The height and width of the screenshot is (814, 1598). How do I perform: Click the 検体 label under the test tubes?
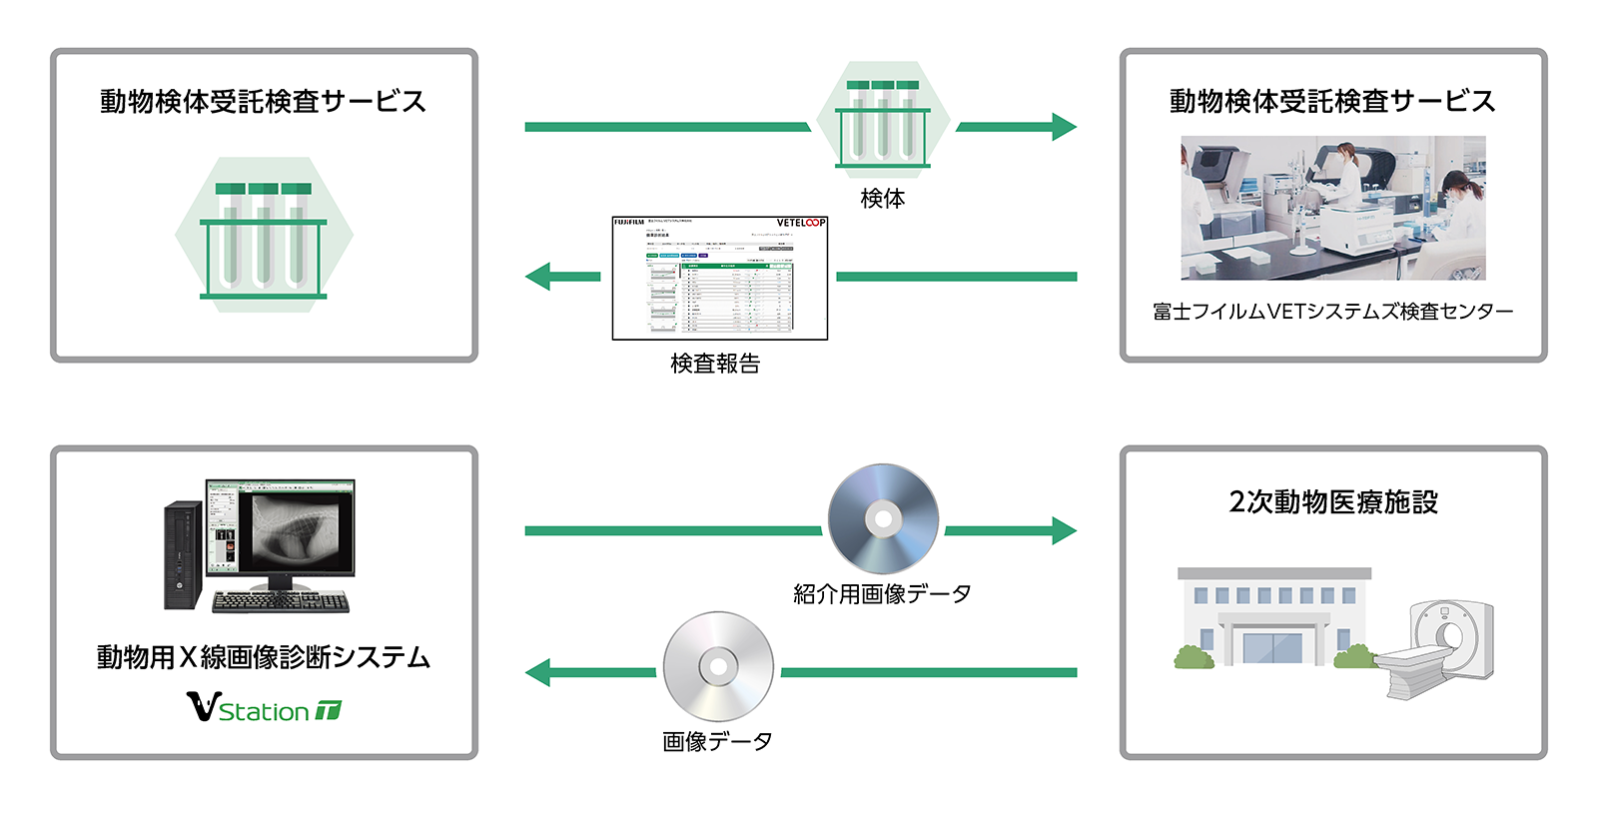point(883,199)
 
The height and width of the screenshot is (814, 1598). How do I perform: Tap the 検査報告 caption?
point(715,364)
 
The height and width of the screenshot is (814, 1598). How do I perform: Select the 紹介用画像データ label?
point(882,594)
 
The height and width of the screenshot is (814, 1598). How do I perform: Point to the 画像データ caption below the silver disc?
point(717,741)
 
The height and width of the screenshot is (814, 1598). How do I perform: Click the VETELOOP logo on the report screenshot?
point(801,223)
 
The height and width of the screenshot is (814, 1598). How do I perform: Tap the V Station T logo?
point(264,708)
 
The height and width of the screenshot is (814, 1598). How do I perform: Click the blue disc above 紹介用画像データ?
point(883,518)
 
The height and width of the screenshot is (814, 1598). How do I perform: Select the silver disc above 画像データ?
point(718,666)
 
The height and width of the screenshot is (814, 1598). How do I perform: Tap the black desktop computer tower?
point(183,554)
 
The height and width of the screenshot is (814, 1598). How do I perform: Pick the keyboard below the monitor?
point(281,601)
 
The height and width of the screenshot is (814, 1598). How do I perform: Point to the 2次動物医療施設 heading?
point(1333,501)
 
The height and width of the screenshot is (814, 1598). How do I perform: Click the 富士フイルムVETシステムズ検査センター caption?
point(1332,312)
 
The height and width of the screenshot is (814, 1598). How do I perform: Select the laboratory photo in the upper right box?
point(1332,208)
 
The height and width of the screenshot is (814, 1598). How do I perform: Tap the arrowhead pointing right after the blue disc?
point(1064,530)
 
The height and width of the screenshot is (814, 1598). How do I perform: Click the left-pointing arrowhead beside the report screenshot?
point(539,277)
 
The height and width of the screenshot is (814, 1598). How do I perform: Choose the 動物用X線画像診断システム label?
point(264,657)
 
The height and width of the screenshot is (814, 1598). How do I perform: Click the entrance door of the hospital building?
point(1271,647)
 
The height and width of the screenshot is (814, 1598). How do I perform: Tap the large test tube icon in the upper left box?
point(264,236)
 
